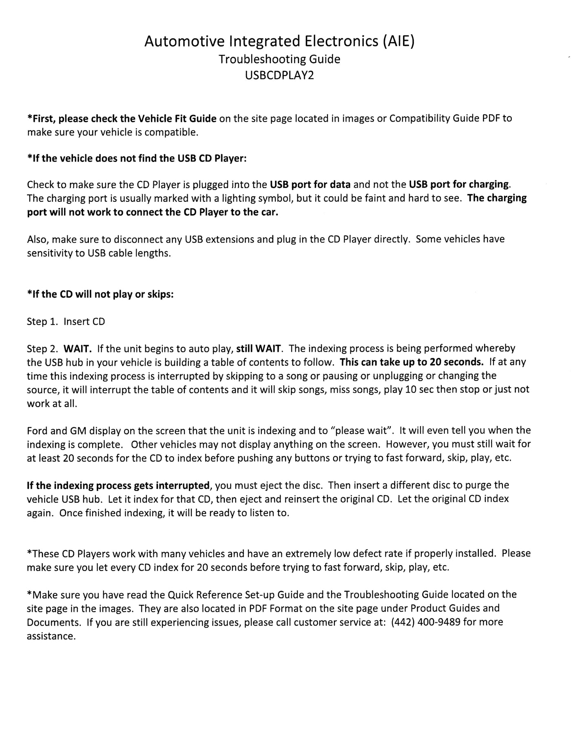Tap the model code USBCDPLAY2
point(279,75)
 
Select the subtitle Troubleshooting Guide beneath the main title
point(279,59)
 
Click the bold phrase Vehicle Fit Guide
point(177,118)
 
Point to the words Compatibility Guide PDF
point(445,118)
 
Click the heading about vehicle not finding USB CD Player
point(137,158)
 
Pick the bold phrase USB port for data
point(310,184)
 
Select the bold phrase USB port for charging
point(459,184)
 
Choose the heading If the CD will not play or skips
point(100,294)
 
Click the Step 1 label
point(42,321)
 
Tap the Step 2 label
point(42,349)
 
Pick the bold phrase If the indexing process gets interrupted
point(118,485)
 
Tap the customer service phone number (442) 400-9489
point(425,622)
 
